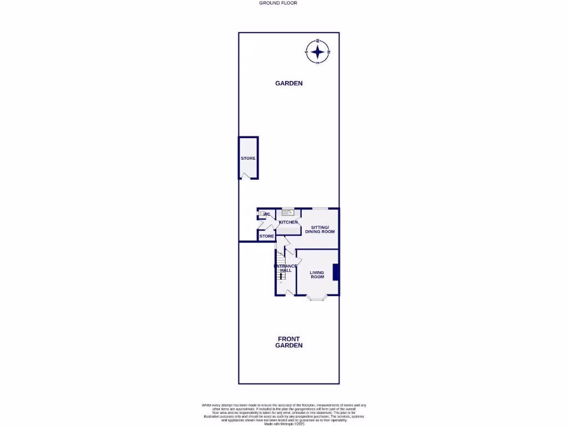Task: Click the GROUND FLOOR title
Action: click(x=278, y=3)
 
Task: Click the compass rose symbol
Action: click(x=317, y=52)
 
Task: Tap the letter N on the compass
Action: click(x=328, y=52)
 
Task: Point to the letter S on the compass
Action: click(x=306, y=52)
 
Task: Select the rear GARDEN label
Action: click(x=289, y=83)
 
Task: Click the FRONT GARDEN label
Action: click(x=289, y=342)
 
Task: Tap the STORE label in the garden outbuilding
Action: click(x=248, y=159)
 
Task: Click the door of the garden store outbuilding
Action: click(x=245, y=176)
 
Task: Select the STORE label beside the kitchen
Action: click(x=267, y=236)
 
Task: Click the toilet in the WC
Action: click(x=262, y=214)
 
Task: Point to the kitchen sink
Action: click(x=287, y=212)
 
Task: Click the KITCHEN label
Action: click(x=288, y=222)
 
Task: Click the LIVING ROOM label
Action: click(x=317, y=275)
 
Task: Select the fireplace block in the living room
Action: click(x=335, y=272)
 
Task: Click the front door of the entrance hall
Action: click(x=288, y=292)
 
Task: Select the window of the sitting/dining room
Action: click(x=319, y=209)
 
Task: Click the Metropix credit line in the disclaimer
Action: click(x=283, y=424)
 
